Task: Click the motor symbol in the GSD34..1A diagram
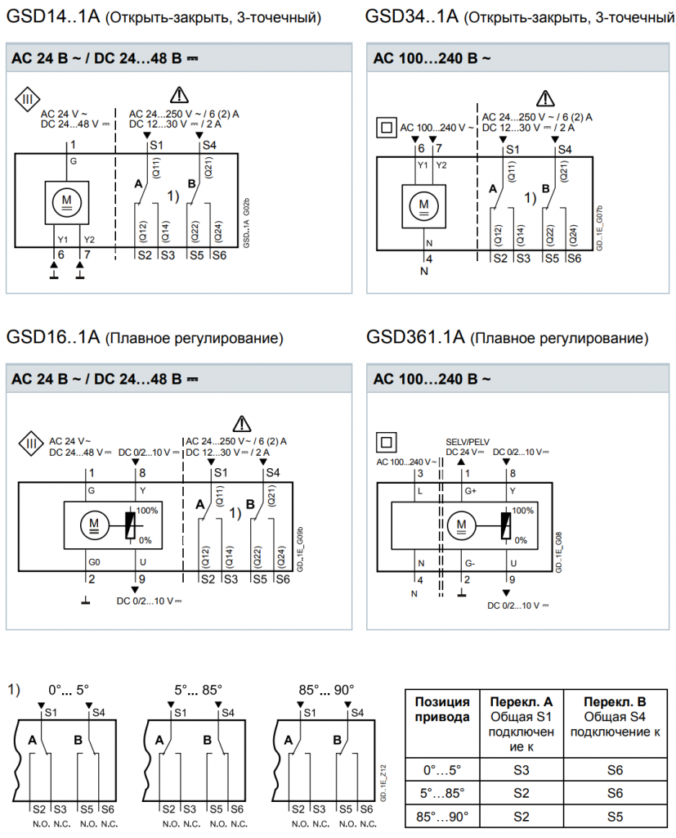(x=423, y=204)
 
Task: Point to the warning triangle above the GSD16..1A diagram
(x=241, y=424)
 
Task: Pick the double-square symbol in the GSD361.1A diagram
(x=385, y=442)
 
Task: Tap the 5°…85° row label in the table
(x=442, y=793)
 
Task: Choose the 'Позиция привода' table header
(x=442, y=709)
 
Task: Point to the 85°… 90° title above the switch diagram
(x=326, y=690)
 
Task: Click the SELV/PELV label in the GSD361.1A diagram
(x=468, y=441)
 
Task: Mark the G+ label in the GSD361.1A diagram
(x=469, y=491)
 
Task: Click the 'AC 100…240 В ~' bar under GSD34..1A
(x=432, y=58)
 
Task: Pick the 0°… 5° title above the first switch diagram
(x=71, y=690)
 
